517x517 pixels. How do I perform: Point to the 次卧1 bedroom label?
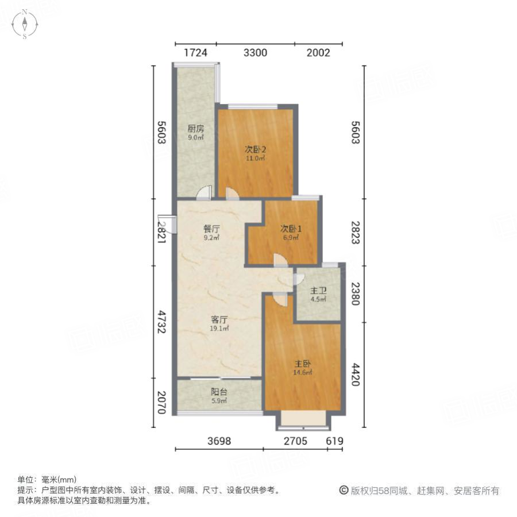[291, 228]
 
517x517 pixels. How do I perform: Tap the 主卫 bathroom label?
[318, 291]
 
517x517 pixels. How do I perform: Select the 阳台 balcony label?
[218, 392]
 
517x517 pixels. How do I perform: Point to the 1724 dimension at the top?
[195, 53]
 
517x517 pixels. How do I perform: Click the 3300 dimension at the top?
[256, 53]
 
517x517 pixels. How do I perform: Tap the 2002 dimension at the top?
[318, 53]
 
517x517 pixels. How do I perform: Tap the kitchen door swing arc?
[203, 193]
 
